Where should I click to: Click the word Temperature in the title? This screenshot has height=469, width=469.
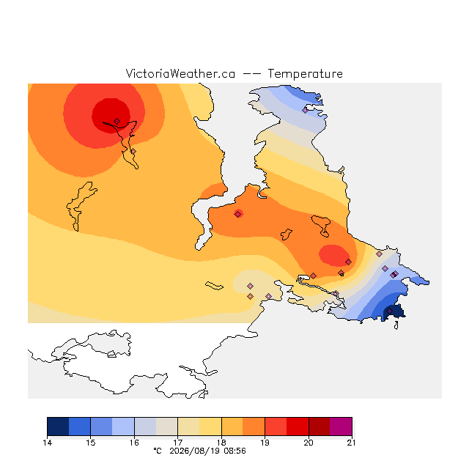[305, 73]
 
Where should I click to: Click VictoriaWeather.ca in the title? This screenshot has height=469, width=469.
[180, 73]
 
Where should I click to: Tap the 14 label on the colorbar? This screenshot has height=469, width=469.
[47, 443]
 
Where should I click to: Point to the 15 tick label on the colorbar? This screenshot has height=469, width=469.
[91, 443]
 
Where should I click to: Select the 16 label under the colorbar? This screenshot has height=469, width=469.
[134, 443]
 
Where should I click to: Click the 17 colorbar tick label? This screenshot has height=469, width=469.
[177, 443]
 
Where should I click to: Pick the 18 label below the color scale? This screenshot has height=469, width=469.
[221, 443]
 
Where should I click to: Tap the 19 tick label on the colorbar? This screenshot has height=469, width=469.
[265, 443]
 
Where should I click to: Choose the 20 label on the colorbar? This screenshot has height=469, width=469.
[309, 443]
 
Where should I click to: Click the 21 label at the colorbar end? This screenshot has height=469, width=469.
[352, 443]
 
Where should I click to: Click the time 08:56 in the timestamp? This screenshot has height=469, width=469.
[234, 451]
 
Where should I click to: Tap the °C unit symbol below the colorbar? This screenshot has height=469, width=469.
[158, 451]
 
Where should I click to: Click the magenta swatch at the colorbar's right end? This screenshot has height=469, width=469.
[341, 426]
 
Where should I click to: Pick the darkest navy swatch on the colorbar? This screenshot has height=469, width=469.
[58, 426]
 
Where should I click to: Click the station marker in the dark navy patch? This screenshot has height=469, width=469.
[389, 311]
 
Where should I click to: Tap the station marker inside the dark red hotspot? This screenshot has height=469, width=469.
[117, 121]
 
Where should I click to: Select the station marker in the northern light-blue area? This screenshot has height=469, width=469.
[305, 110]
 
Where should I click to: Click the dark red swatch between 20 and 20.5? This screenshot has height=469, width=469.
[320, 426]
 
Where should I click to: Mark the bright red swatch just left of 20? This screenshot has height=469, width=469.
[298, 426]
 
